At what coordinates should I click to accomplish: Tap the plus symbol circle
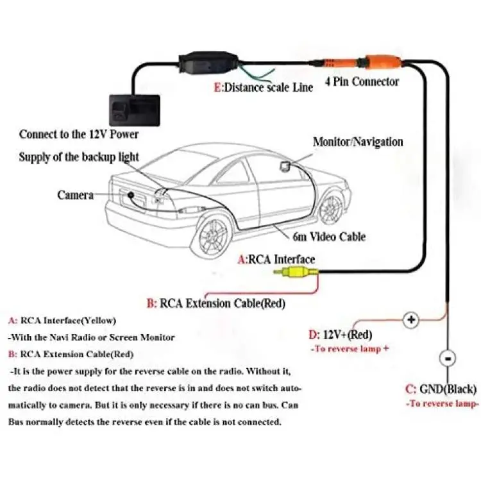411,320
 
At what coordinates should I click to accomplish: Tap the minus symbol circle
448,359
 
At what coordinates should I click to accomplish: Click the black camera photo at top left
135,110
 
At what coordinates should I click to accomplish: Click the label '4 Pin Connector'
362,82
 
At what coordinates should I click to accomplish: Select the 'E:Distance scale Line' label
264,88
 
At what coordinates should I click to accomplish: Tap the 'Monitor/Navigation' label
358,142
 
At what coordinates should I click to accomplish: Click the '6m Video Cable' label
329,237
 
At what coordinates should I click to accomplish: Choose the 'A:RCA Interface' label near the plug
276,260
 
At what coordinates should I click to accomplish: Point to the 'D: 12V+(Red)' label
341,335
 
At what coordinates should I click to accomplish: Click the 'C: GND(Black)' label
441,389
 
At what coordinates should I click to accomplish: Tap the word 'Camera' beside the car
75,195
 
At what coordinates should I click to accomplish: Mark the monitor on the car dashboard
284,165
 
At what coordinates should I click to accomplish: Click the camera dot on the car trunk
131,195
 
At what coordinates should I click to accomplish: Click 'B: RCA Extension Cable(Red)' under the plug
216,304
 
